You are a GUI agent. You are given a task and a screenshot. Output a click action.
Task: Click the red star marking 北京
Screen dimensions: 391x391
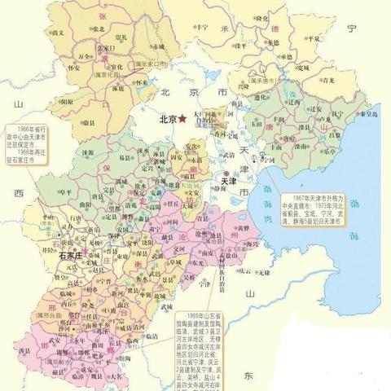click(x=182, y=118)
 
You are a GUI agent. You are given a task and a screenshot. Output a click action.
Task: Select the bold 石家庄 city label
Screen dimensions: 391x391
click(x=77, y=255)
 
